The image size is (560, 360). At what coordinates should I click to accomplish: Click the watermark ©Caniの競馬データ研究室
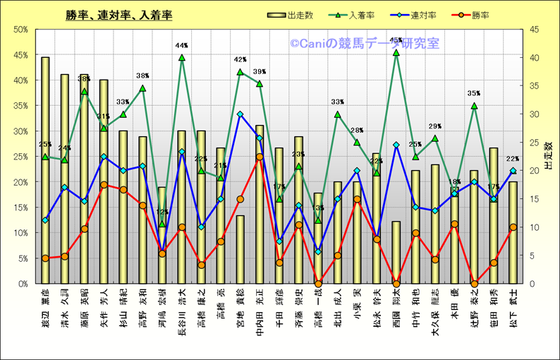(x=364, y=44)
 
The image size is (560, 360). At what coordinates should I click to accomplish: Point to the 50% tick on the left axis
(x=20, y=30)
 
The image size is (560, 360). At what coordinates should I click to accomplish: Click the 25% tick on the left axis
(x=20, y=157)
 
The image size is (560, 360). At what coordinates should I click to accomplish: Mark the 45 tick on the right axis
(x=528, y=30)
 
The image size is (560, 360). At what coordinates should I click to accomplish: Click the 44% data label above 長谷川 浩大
(x=181, y=46)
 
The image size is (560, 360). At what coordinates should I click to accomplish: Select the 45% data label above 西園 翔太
(x=396, y=40)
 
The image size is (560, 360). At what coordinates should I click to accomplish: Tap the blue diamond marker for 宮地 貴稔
(x=240, y=114)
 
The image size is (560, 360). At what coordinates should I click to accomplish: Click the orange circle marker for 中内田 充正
(x=260, y=157)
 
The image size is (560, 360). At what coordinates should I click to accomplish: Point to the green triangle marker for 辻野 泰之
(x=474, y=106)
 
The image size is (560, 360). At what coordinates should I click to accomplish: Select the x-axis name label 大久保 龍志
(x=435, y=311)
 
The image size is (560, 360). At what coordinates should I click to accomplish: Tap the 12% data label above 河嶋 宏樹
(x=162, y=212)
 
